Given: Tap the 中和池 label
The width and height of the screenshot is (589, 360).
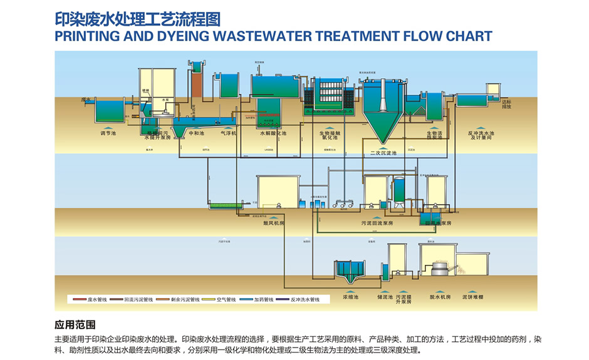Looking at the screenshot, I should (x=196, y=133).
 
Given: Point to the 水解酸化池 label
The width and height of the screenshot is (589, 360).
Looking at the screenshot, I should (x=273, y=133).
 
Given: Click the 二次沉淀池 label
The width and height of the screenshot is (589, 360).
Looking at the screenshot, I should (x=383, y=153).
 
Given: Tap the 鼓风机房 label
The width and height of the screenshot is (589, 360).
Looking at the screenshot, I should (x=274, y=223).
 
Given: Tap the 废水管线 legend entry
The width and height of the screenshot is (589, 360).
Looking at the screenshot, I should (x=94, y=300).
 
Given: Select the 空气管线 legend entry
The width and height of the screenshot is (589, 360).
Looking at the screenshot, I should (x=226, y=300).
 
